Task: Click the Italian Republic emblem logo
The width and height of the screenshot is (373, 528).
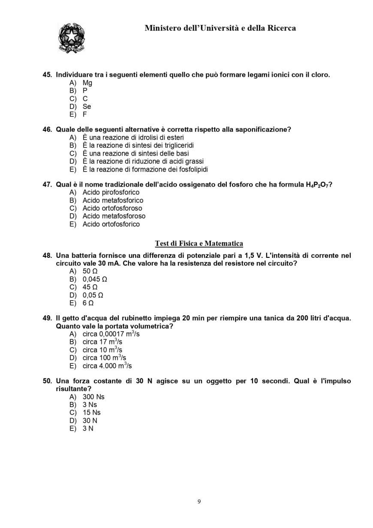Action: pyautogui.click(x=71, y=38)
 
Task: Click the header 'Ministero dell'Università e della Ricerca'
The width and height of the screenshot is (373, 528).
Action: pyautogui.click(x=220, y=28)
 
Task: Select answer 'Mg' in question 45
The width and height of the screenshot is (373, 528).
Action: pyautogui.click(x=87, y=83)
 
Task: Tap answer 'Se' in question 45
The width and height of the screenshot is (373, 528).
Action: pyautogui.click(x=87, y=106)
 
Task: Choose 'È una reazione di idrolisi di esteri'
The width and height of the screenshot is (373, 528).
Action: pyautogui.click(x=133, y=138)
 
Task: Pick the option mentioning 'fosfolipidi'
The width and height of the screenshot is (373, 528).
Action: pyautogui.click(x=145, y=169)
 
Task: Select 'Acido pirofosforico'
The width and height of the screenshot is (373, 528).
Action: pyautogui.click(x=111, y=193)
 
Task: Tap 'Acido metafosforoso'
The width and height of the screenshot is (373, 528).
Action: pyautogui.click(x=114, y=216)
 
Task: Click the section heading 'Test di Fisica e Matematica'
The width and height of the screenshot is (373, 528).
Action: pyautogui.click(x=199, y=244)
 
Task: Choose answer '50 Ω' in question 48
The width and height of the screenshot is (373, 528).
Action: pyautogui.click(x=90, y=272)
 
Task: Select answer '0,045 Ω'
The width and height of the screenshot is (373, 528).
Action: pyautogui.click(x=95, y=279)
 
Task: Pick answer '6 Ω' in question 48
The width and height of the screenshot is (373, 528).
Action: pyautogui.click(x=88, y=303)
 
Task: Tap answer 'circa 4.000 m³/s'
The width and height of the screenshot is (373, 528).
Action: pyautogui.click(x=107, y=366)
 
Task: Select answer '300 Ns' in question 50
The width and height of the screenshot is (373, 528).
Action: pyautogui.click(x=93, y=397)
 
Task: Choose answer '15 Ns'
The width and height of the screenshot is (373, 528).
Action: pyautogui.click(x=92, y=413)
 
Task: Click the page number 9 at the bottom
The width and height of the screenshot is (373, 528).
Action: pyautogui.click(x=199, y=501)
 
